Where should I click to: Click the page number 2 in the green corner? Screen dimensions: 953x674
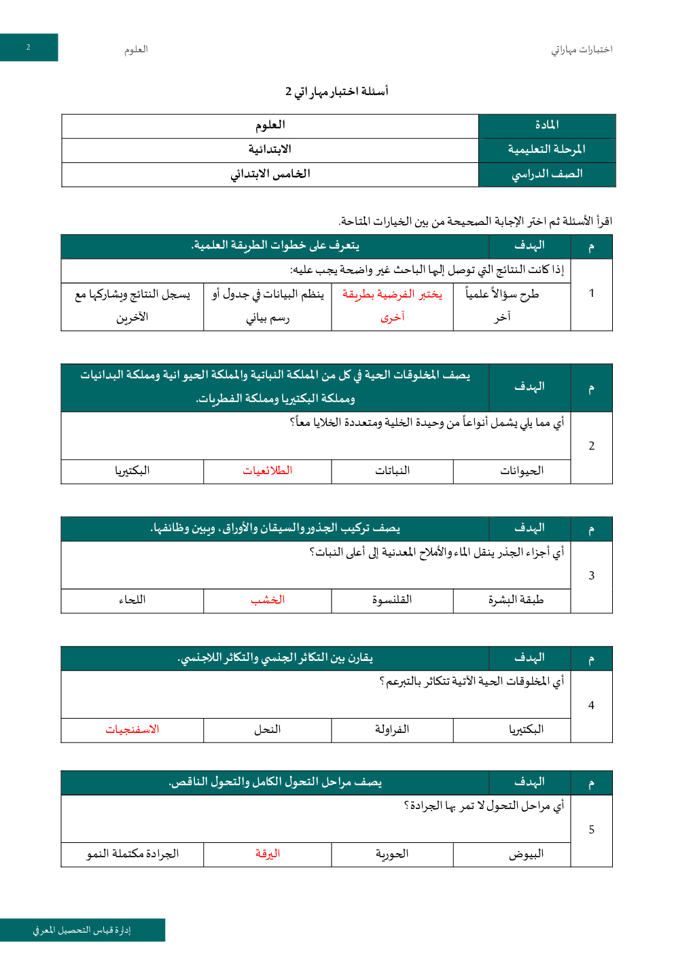[x=29, y=48]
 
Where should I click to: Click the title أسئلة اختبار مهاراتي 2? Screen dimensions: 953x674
[x=336, y=91]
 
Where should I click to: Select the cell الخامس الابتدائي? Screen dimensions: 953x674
[x=270, y=174]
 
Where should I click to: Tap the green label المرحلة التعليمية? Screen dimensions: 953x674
[x=546, y=149]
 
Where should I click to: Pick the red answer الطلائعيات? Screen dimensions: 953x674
[x=268, y=471]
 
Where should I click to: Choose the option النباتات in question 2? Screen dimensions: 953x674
[x=392, y=471]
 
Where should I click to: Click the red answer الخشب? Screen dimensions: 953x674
[x=268, y=600]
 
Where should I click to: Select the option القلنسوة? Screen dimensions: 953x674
[x=392, y=600]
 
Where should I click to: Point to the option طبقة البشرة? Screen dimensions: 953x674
[x=516, y=600]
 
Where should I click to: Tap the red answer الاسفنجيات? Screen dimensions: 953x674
[x=132, y=730]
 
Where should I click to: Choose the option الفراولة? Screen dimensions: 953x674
[x=392, y=730]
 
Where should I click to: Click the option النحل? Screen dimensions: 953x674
[x=268, y=730]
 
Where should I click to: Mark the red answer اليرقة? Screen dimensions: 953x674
[x=268, y=854]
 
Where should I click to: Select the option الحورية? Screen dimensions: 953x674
[x=392, y=854]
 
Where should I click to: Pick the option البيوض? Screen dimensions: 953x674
[x=526, y=854]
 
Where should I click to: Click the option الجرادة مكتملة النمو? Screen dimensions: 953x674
[x=132, y=854]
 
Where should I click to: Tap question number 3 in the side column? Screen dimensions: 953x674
[x=591, y=576]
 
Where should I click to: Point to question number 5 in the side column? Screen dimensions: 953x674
[x=591, y=830]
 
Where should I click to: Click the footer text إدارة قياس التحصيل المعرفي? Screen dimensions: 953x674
[x=82, y=930]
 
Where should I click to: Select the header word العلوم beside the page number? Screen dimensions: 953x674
[x=136, y=50]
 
